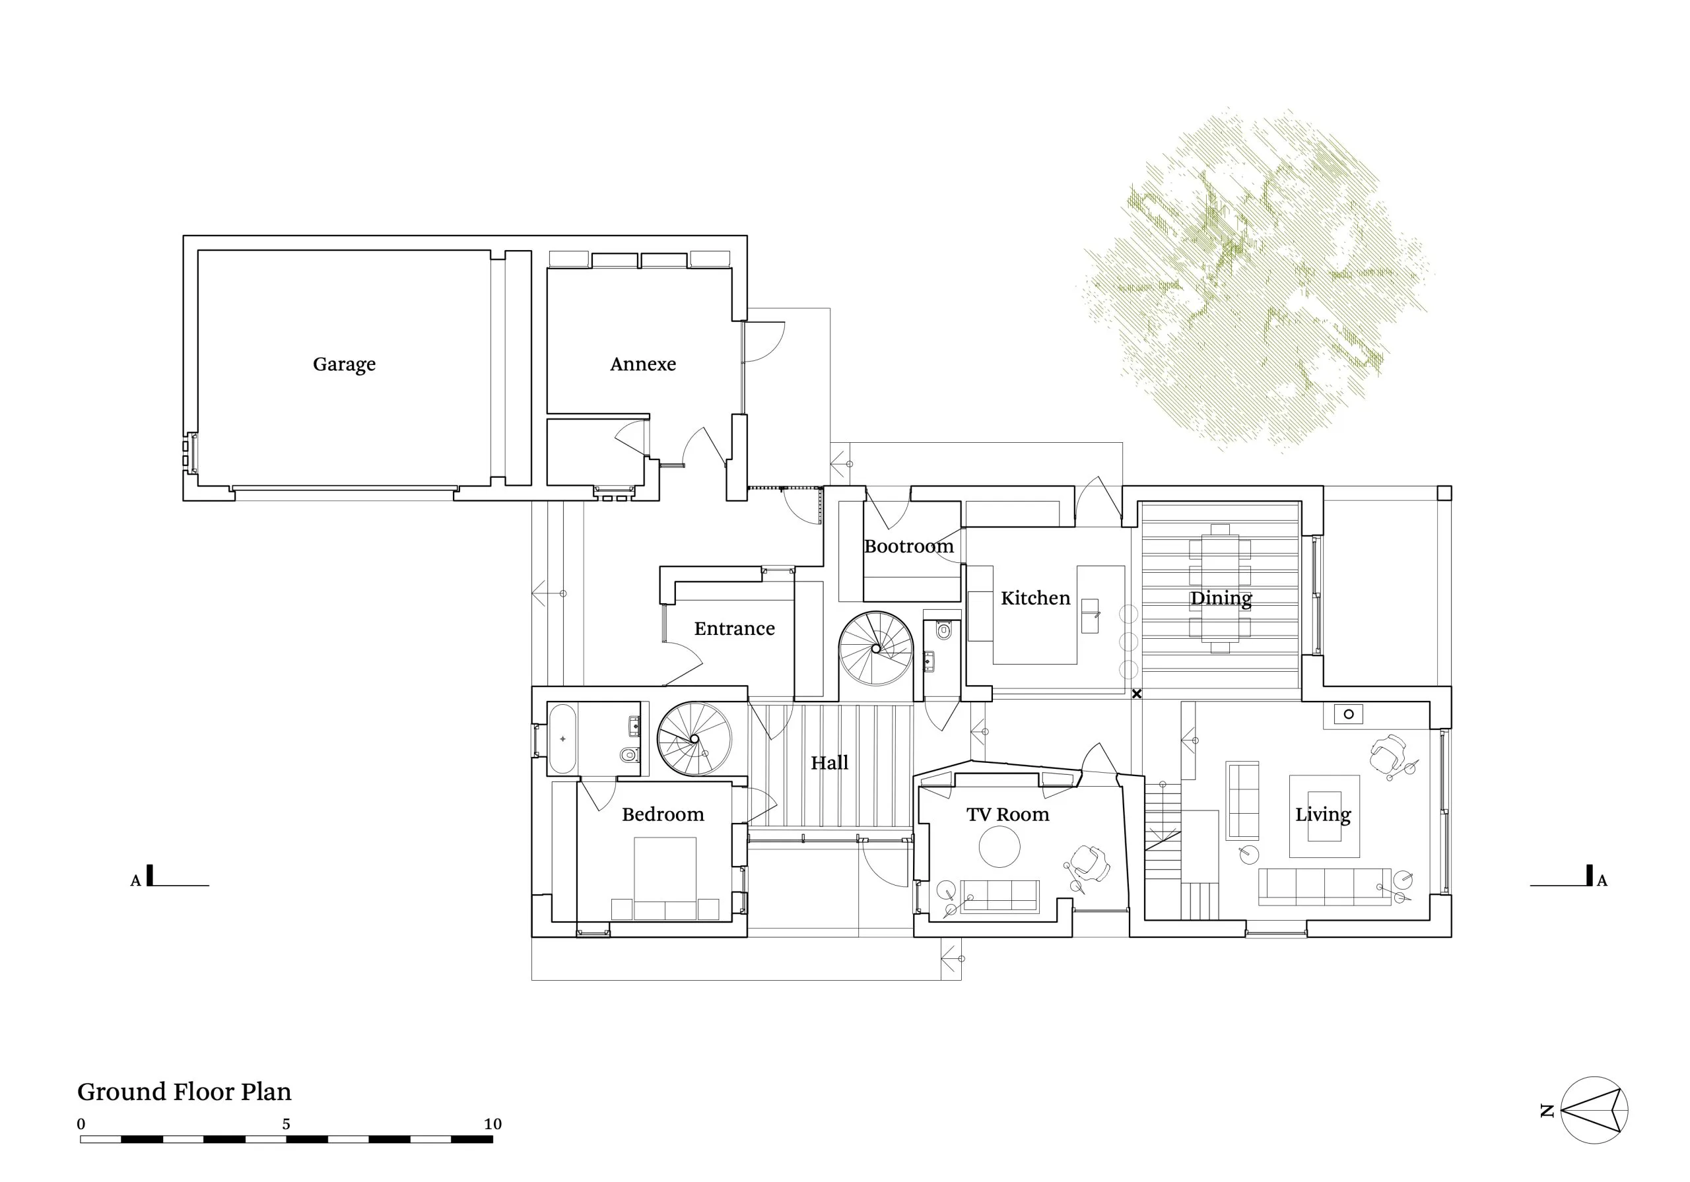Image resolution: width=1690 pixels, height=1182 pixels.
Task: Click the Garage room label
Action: point(344,364)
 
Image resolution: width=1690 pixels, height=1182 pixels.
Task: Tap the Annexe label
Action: point(642,364)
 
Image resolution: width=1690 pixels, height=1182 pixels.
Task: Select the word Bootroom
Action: point(908,546)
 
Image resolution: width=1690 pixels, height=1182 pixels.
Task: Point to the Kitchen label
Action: point(1035,598)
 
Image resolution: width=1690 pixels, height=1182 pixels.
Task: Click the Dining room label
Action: point(1221,599)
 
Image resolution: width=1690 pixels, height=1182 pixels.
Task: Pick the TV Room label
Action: point(1007,814)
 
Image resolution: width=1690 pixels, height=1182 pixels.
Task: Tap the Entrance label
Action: point(734,628)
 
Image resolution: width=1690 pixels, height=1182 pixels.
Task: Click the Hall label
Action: point(830,762)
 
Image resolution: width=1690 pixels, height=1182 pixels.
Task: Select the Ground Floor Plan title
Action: point(184,1092)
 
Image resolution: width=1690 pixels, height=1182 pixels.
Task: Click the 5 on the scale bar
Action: point(287,1124)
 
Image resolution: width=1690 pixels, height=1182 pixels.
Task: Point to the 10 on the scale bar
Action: point(492,1124)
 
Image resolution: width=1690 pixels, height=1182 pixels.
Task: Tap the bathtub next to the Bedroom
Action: point(562,739)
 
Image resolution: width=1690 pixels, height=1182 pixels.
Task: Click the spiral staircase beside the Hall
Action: point(694,739)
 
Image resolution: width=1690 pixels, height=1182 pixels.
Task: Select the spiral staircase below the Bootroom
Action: point(876,648)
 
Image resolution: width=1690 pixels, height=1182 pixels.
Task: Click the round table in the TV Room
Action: point(999,846)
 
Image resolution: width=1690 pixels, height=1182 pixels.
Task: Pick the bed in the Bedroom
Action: point(665,878)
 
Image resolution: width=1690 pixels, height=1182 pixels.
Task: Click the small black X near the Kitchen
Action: point(1137,694)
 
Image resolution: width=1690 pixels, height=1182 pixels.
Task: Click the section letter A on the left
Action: point(135,881)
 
